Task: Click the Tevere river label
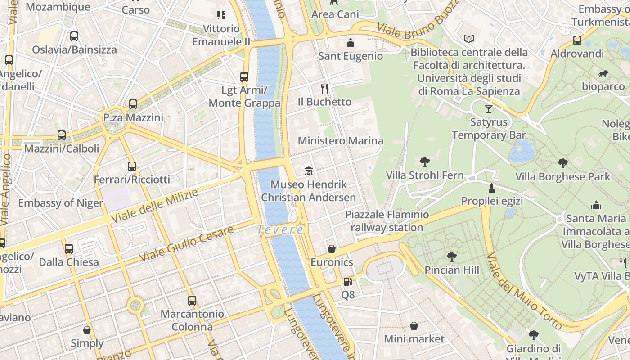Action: point(280,229)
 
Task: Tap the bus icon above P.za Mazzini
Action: point(133,104)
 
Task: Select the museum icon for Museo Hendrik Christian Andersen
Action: point(309,171)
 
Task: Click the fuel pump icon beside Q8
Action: point(347,282)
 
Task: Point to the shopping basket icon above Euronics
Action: point(332,249)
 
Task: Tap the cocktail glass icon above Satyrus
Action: point(489,108)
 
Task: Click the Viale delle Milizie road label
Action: point(154,206)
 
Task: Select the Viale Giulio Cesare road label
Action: point(186,244)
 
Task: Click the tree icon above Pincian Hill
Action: point(451,257)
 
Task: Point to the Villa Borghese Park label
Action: point(562,176)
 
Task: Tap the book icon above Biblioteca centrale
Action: point(469,39)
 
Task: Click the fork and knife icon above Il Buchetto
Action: point(324,88)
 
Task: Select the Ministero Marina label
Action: point(341,141)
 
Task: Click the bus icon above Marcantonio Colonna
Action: point(192,300)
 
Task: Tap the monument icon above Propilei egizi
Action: point(492,188)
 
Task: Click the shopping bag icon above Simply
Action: point(87,330)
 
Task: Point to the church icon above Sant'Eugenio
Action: point(351,43)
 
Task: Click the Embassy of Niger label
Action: point(60,203)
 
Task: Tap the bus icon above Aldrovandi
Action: point(577,40)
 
